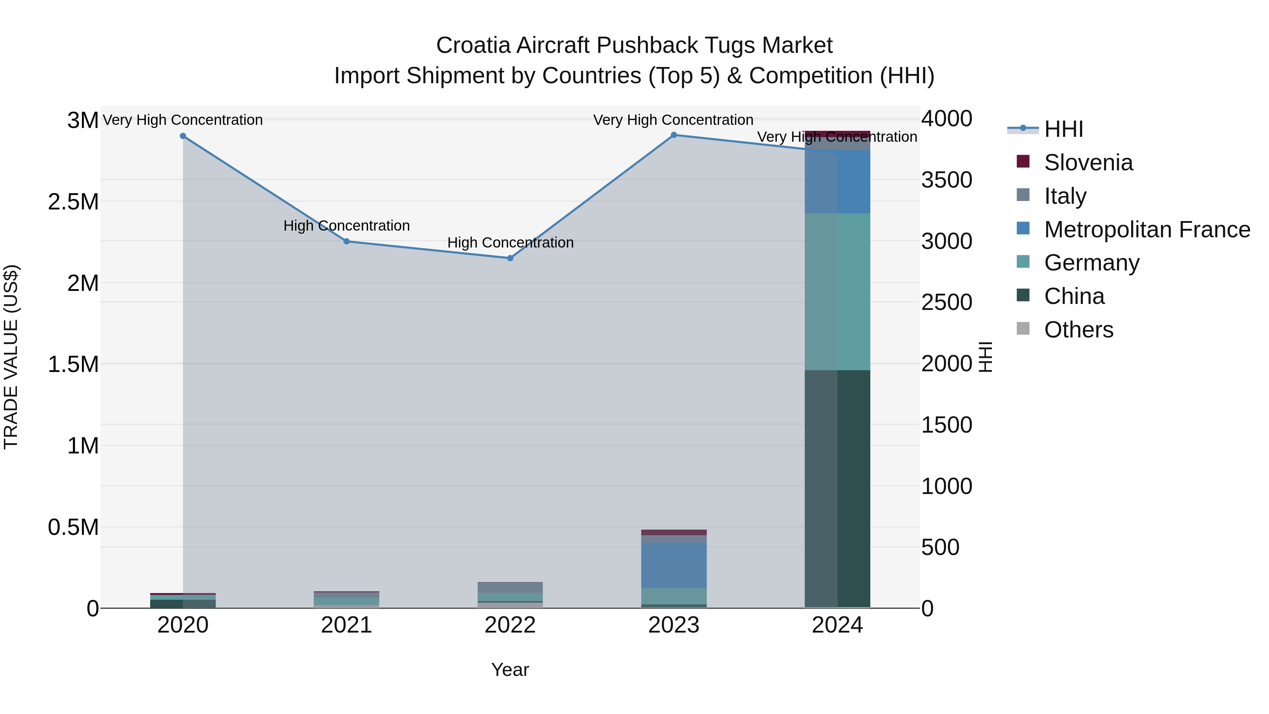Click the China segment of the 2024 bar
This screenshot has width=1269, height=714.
838,488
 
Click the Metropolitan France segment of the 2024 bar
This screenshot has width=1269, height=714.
838,182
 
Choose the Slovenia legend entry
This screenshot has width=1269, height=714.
1088,163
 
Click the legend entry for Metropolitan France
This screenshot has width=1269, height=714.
1146,230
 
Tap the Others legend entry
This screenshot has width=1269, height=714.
1078,330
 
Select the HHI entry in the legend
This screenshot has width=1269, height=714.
1063,129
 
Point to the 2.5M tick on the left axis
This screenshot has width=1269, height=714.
73,202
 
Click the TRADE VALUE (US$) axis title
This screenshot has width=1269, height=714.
11,357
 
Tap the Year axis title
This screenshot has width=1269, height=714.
510,670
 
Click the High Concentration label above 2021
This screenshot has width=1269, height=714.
346,226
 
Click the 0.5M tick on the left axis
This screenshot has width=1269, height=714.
73,527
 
